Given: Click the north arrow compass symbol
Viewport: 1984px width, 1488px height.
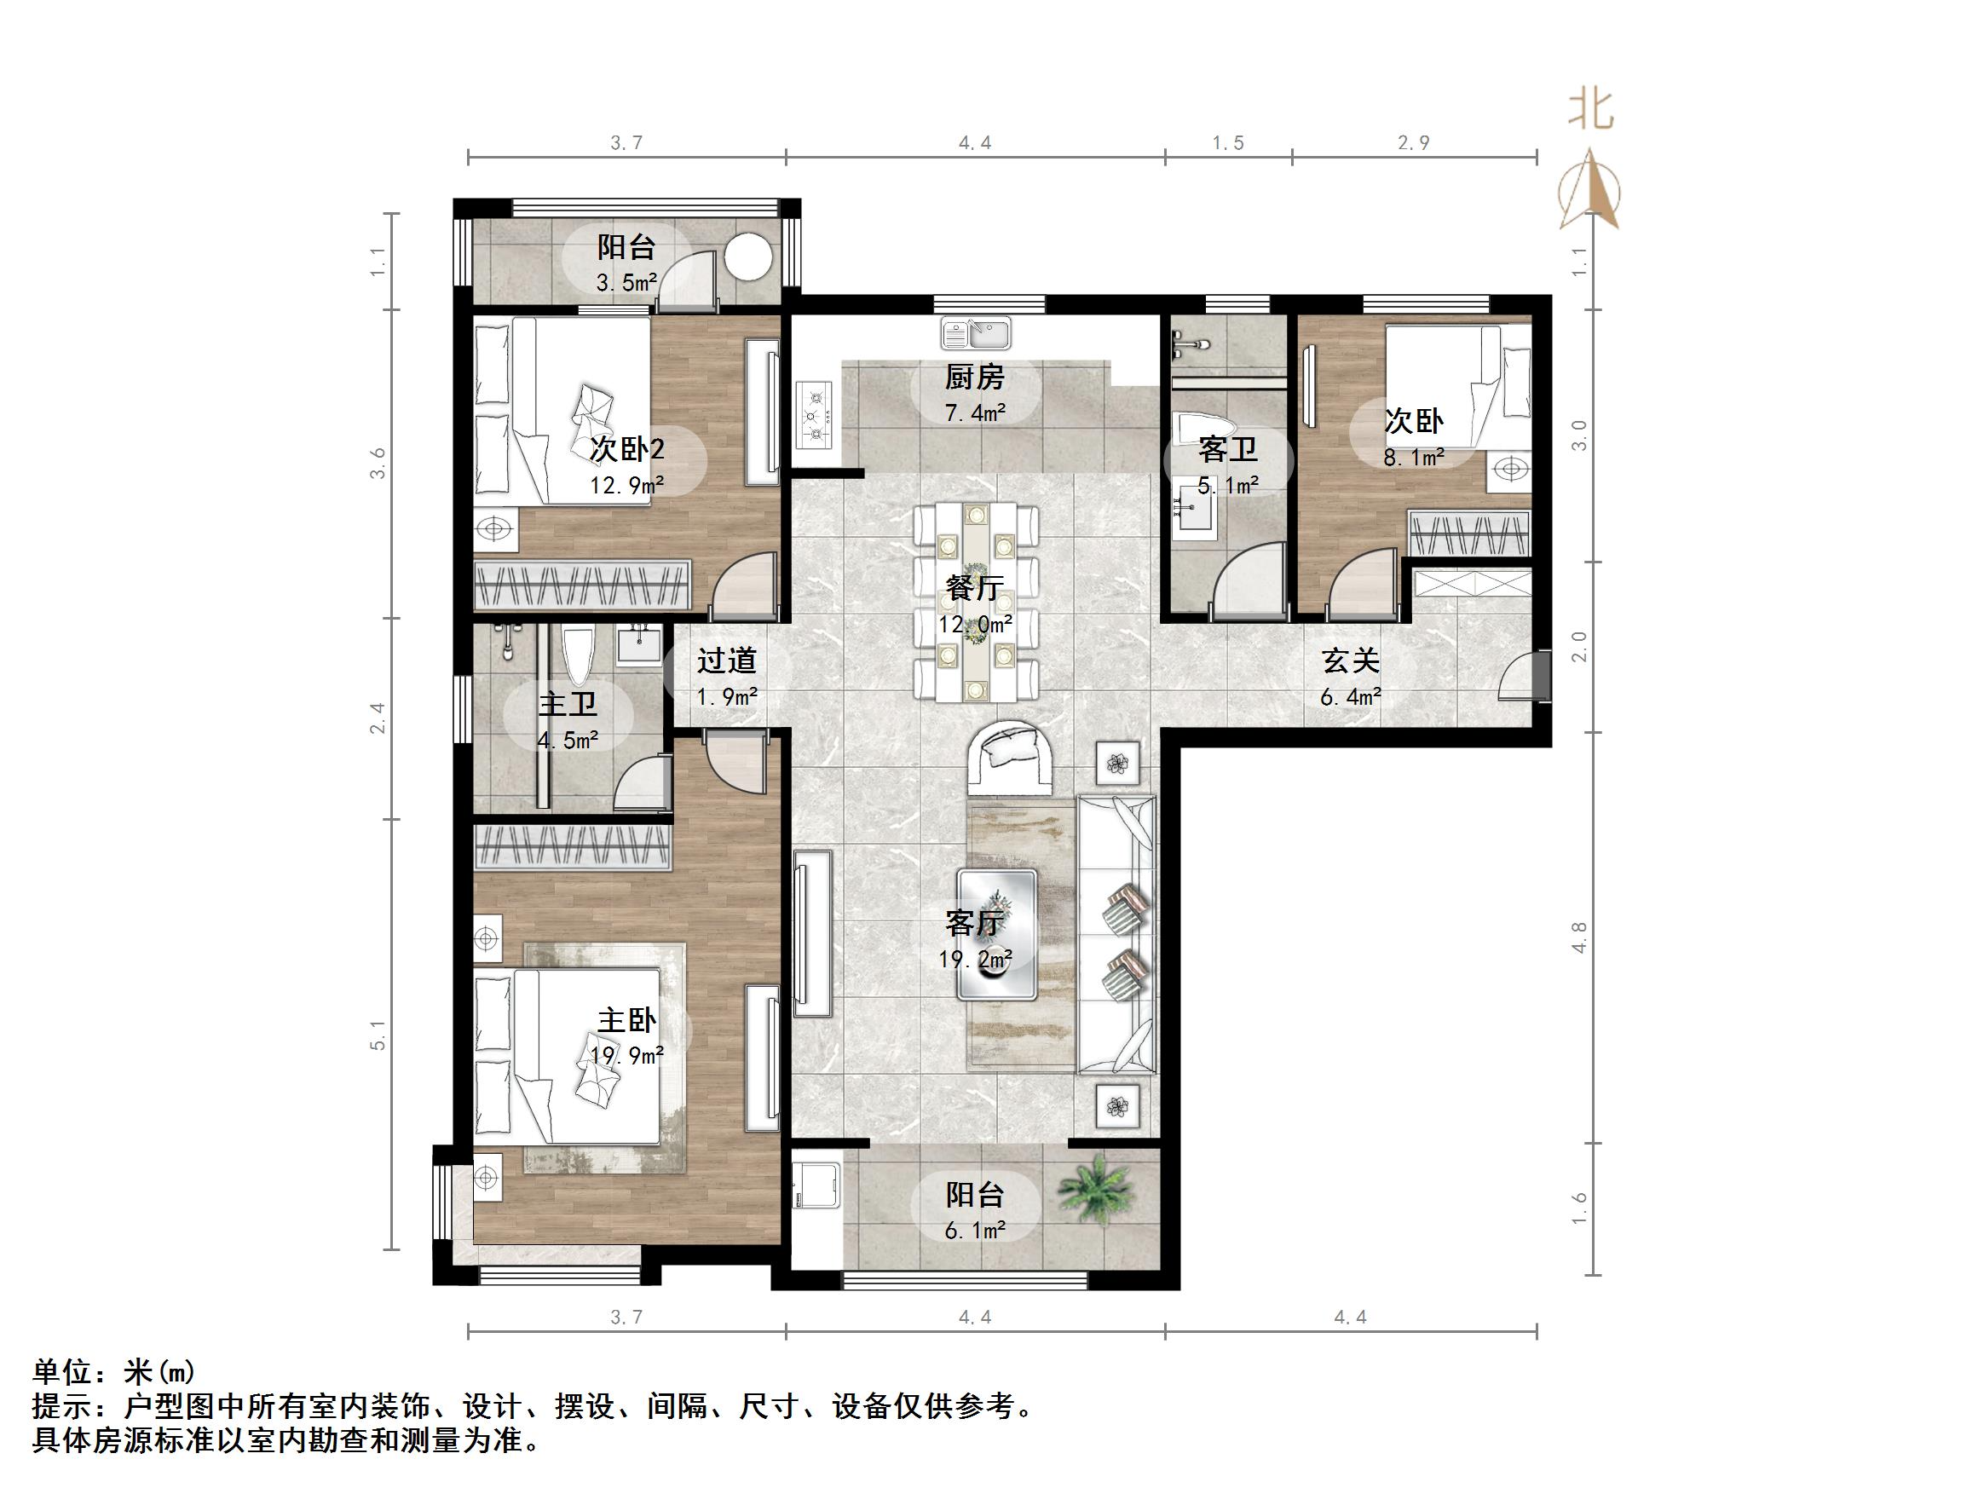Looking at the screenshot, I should tap(1589, 191).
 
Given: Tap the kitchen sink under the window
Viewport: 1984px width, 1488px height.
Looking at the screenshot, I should tap(975, 334).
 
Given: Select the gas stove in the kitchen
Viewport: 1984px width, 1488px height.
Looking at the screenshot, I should tap(815, 414).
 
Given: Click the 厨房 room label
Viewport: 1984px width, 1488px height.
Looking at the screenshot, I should tap(975, 378).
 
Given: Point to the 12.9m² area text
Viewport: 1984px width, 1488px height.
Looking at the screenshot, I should tap(626, 485).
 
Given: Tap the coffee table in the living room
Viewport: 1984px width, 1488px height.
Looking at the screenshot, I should tap(996, 934).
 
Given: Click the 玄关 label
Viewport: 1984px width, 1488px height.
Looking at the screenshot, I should tap(1350, 661).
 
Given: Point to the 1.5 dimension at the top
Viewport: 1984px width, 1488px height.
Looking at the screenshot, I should tap(1228, 142).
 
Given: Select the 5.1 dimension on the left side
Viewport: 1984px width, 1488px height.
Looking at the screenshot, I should tap(378, 1034).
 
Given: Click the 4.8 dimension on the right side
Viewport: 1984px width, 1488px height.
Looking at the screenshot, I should tap(1579, 937).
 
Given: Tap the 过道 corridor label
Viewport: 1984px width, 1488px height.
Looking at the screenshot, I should tap(726, 661).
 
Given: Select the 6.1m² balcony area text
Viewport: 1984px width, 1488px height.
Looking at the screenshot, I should tap(975, 1231).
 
